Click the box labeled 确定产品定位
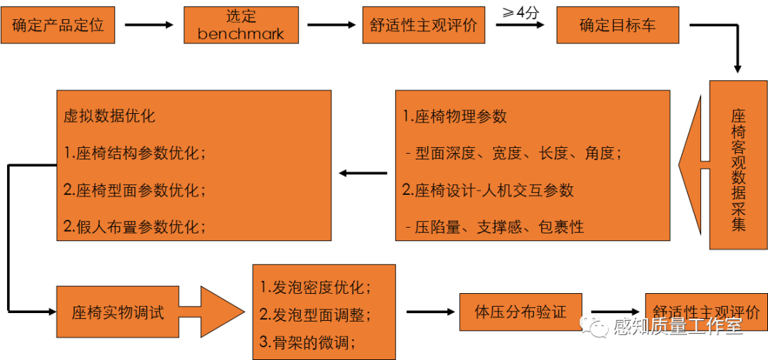58,25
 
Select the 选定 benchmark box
241,25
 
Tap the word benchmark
241,33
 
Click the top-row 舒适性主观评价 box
423,25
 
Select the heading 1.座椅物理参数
455,117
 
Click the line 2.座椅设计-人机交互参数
488,190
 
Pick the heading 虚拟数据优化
109,116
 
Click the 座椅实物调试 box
117,312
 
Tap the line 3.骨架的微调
308,342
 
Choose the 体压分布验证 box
521,312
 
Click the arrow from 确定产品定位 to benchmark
149,25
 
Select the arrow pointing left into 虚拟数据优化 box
363,173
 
